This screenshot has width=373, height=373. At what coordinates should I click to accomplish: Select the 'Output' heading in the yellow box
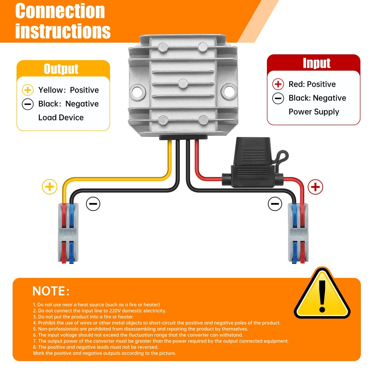coord(61,69)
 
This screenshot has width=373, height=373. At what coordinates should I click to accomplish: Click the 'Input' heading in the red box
coord(317,63)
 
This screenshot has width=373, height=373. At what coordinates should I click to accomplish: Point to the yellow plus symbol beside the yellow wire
coord(50,187)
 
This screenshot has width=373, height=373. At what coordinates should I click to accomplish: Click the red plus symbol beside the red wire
coord(315,187)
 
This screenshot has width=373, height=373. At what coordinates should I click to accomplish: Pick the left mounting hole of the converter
coord(137,91)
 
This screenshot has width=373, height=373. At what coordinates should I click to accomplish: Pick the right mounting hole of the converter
coord(229,91)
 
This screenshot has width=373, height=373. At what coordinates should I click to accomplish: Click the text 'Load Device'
coord(61,117)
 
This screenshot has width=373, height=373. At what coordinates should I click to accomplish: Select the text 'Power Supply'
coord(314,112)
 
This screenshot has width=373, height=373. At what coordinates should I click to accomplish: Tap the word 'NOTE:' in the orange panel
coord(51,291)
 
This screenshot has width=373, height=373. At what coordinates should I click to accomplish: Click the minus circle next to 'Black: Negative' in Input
coord(278,98)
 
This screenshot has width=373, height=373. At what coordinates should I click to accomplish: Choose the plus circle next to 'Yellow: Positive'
coord(28,90)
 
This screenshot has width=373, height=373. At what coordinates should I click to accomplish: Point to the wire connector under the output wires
coord(68,233)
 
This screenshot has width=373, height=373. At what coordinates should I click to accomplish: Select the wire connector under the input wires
coord(298,233)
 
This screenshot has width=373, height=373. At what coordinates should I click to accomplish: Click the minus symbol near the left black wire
coord(93,204)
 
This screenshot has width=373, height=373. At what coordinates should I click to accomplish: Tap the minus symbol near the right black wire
coord(275,204)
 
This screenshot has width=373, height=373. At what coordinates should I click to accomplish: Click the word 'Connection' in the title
coord(60,11)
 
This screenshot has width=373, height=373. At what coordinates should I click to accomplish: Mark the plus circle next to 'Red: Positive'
coord(278,84)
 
